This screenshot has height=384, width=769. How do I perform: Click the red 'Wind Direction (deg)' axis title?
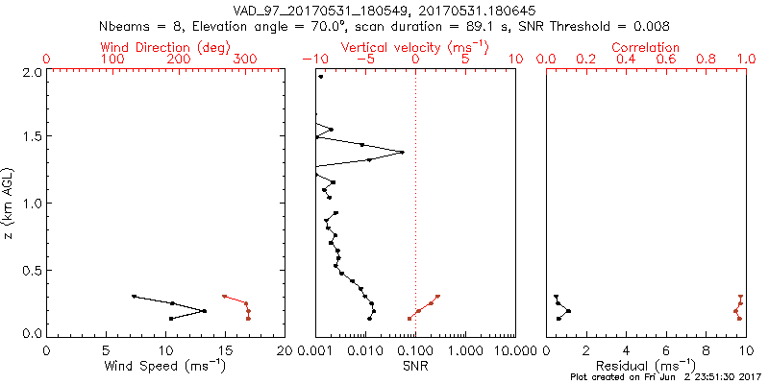[x=164, y=47]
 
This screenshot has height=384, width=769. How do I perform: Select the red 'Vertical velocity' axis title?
[x=414, y=47]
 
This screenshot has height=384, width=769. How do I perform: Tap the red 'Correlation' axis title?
[x=646, y=47]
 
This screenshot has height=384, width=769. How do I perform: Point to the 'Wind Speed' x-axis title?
[x=165, y=367]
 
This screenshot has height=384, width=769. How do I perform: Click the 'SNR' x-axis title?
[x=414, y=367]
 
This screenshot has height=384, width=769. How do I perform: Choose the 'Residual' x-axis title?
[x=646, y=367]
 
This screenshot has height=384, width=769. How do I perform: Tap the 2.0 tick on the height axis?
[x=31, y=72]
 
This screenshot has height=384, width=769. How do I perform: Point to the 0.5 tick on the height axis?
[x=31, y=269]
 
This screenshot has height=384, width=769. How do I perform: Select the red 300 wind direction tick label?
[x=245, y=60]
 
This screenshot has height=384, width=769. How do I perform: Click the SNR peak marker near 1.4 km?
[x=402, y=152]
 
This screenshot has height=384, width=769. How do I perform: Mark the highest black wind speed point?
[x=134, y=297]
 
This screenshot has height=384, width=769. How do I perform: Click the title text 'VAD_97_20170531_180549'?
[x=317, y=10]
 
